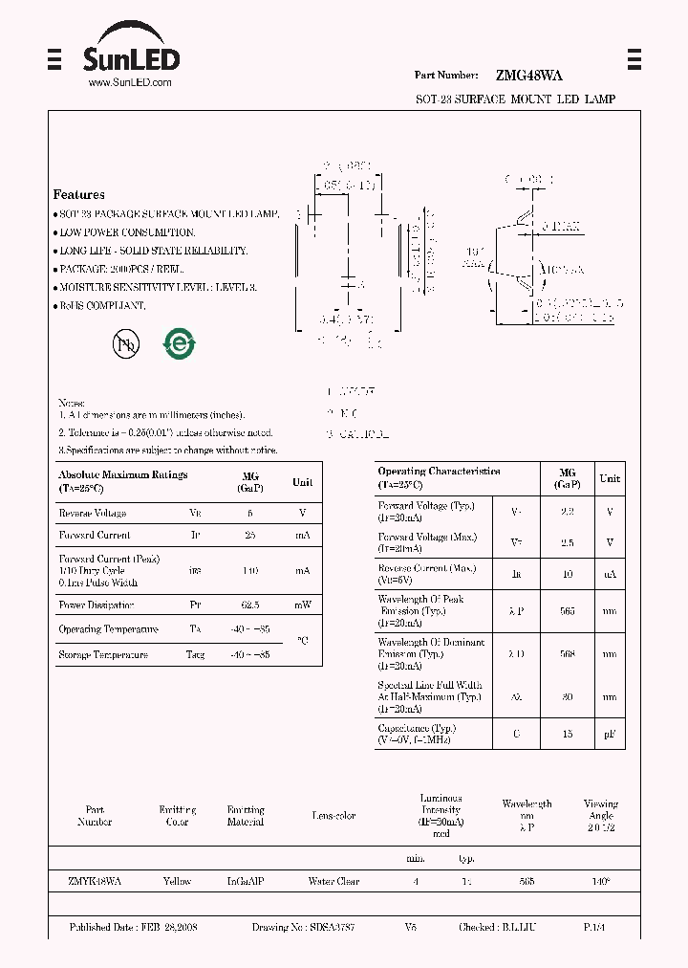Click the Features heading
click(x=79, y=195)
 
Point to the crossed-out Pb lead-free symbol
click(x=125, y=345)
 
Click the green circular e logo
click(x=179, y=344)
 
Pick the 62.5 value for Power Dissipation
click(x=249, y=605)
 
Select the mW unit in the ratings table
click(x=302, y=605)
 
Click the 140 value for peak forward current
click(x=249, y=570)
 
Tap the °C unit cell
click(x=302, y=642)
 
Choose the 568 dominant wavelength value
click(x=568, y=654)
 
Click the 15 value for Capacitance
click(x=568, y=733)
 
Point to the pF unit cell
click(x=610, y=733)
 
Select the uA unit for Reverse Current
click(x=610, y=574)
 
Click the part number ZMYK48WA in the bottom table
click(x=95, y=881)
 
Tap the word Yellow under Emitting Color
click(x=177, y=881)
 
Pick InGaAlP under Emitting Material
click(x=246, y=881)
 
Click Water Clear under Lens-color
click(x=333, y=881)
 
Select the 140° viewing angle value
click(x=601, y=881)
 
